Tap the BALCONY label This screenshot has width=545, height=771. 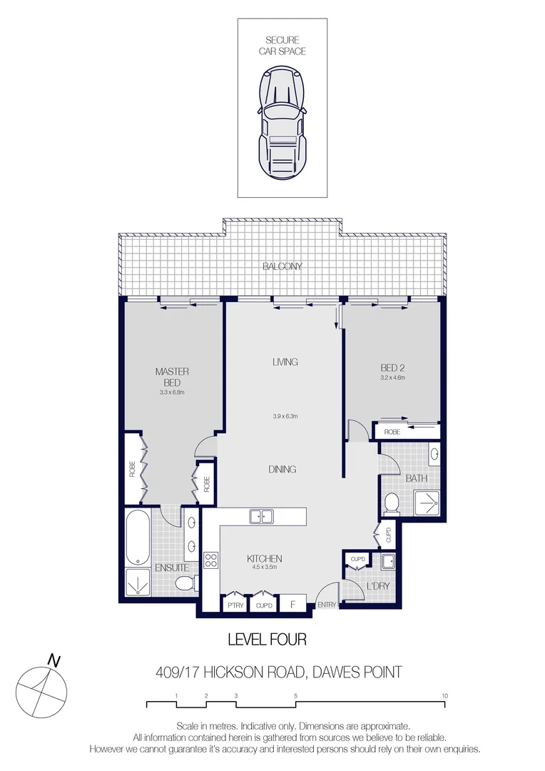pos(282,266)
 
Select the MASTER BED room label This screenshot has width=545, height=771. pos(171,377)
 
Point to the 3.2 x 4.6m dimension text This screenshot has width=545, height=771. pos(392,378)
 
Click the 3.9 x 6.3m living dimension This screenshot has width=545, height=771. pos(285,417)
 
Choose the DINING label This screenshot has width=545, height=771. pos(282,469)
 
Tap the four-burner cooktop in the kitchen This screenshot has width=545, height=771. pos(211,560)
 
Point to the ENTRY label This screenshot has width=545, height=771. pos(327,605)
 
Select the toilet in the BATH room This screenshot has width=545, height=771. pos(391,505)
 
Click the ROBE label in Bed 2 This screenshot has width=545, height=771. pos(392,432)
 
